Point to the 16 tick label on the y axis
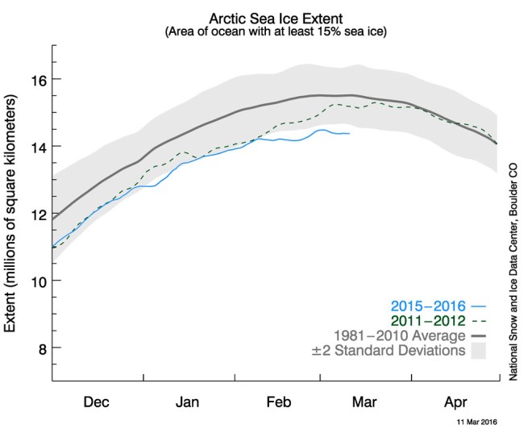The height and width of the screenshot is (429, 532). (36, 79)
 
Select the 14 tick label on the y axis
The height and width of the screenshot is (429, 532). (36, 146)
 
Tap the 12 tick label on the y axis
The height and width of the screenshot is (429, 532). (36, 214)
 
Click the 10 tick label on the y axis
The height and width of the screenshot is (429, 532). (36, 281)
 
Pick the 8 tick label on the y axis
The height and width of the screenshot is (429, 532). (39, 348)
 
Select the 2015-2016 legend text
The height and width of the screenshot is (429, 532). (427, 306)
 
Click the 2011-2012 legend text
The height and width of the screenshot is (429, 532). (427, 321)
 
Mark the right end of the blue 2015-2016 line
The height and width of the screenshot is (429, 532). (349, 133)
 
